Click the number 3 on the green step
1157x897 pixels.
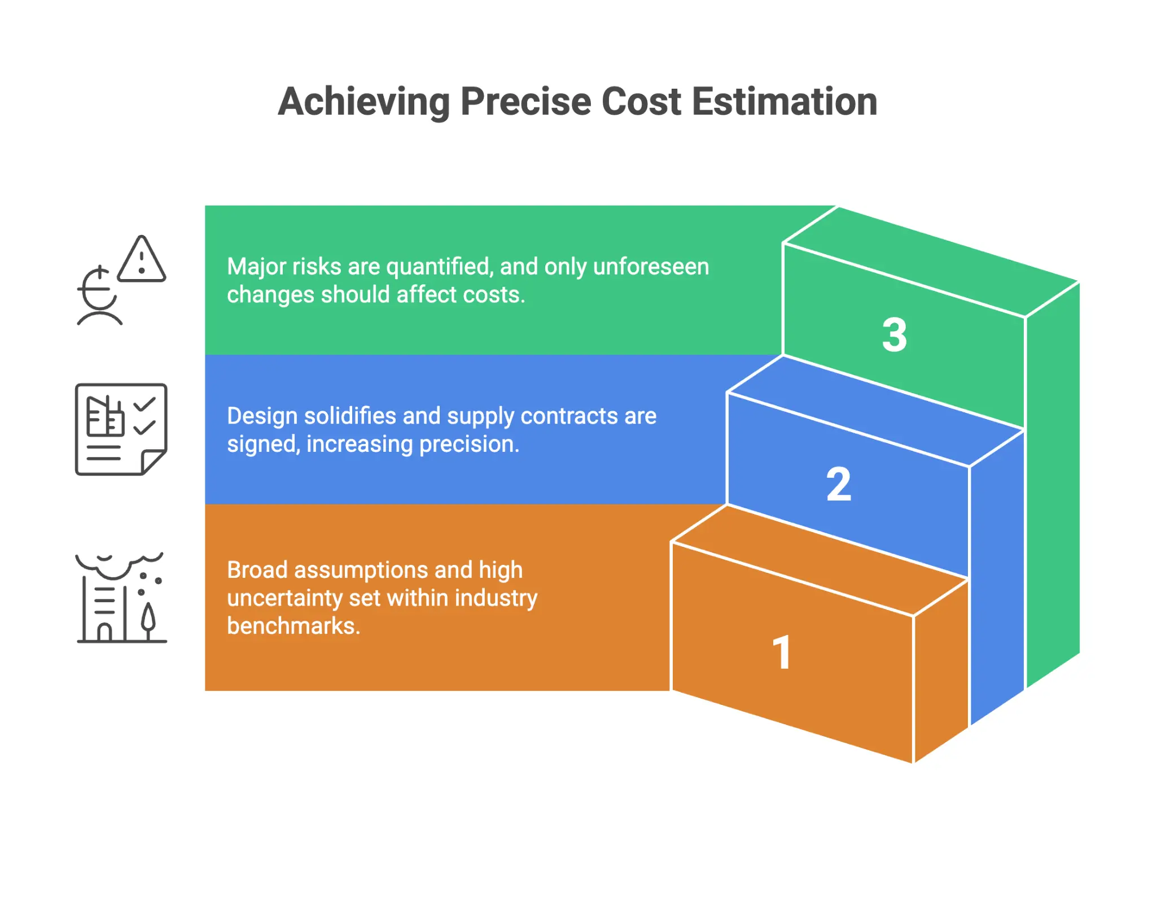895,335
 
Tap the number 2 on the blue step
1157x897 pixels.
839,484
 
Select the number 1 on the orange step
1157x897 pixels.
782,652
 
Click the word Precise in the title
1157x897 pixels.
525,102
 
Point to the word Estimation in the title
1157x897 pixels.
785,102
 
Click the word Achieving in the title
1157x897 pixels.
364,102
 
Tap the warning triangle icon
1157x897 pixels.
142,260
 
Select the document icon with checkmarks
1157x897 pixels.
121,429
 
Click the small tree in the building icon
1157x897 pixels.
148,620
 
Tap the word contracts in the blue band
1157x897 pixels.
569,416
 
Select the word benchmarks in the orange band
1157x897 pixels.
293,626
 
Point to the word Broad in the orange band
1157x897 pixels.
257,570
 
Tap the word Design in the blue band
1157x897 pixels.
262,416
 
